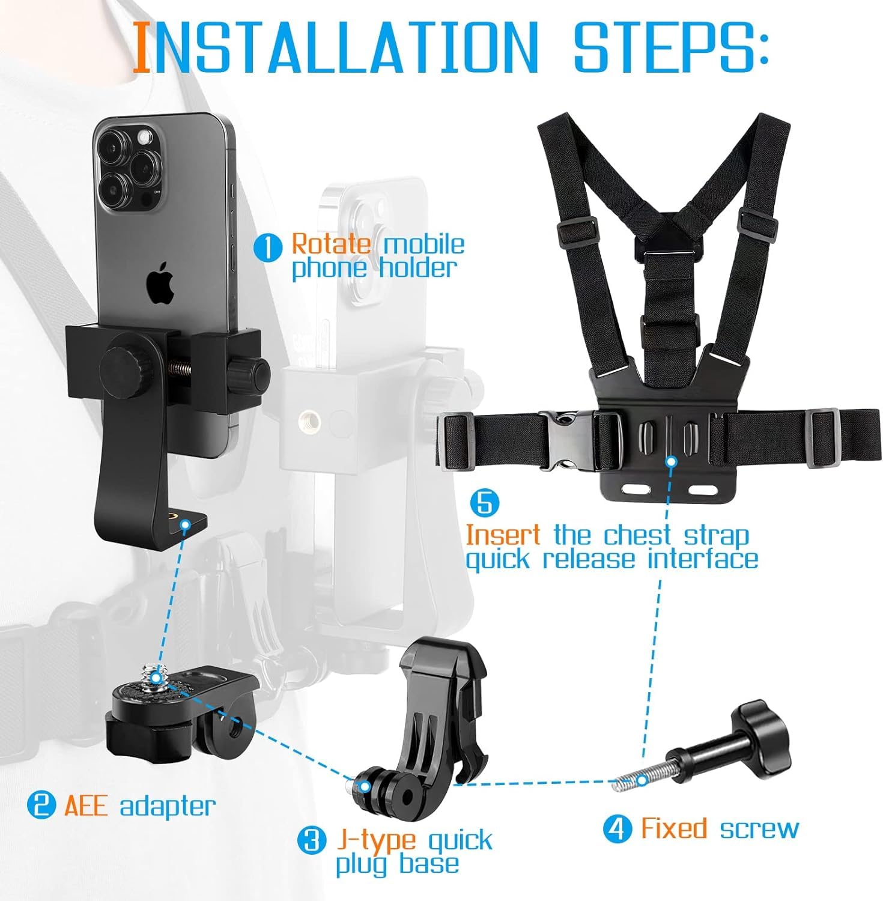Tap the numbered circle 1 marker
coord(268,247)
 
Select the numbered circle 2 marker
coord(41,805)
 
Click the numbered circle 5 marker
coord(484,503)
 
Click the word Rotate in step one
coord(331,244)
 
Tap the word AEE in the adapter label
coord(86,805)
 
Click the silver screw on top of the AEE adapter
coord(155,674)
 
